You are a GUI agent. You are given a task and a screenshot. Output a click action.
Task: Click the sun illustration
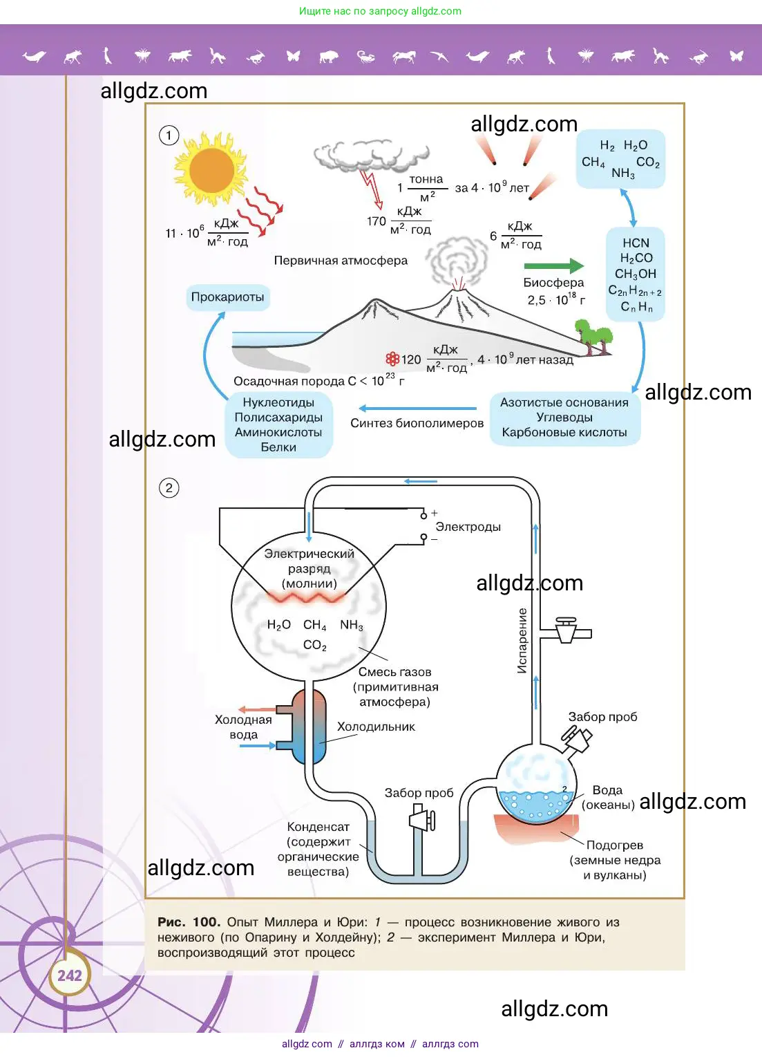pyautogui.click(x=211, y=169)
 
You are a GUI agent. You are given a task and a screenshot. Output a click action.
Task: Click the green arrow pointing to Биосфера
pyautogui.click(x=553, y=265)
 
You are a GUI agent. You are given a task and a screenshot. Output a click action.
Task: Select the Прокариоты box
pyautogui.click(x=227, y=297)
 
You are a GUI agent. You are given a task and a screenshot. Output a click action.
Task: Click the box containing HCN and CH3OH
pyautogui.click(x=636, y=274)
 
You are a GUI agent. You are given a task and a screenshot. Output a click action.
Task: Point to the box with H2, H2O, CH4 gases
pyautogui.click(x=620, y=159)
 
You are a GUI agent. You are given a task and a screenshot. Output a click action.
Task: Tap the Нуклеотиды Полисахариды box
pyautogui.click(x=278, y=424)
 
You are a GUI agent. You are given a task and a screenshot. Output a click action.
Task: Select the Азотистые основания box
pyautogui.click(x=564, y=418)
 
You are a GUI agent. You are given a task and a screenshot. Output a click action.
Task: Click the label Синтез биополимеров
pyautogui.click(x=417, y=423)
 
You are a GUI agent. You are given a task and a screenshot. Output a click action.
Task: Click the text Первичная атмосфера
pyautogui.click(x=341, y=261)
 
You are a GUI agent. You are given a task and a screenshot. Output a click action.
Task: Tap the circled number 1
pyautogui.click(x=169, y=135)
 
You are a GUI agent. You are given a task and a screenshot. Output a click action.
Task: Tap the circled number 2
pyautogui.click(x=169, y=488)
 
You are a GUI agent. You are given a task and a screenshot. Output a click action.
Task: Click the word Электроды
pyautogui.click(x=468, y=527)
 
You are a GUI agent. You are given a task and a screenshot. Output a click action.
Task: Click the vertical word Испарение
pyautogui.click(x=522, y=640)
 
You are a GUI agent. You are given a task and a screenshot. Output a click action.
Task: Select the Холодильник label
pyautogui.click(x=376, y=727)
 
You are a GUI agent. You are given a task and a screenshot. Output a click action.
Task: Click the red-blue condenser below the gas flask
pyautogui.click(x=309, y=726)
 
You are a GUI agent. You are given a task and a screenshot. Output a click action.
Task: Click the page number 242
pyautogui.click(x=69, y=975)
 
